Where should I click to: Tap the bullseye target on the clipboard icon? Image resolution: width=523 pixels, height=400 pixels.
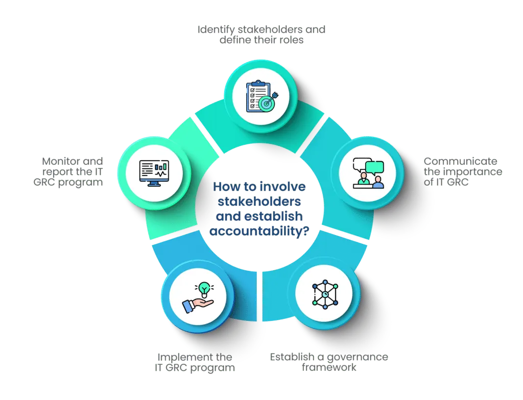pos(267,102)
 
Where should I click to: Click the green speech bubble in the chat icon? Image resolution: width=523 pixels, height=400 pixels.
pos(374,167)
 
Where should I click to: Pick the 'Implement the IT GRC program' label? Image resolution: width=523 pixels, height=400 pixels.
pos(196,362)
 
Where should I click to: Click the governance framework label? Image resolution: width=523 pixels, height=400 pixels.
pos(329,361)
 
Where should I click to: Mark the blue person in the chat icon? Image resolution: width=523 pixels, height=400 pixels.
pos(378,182)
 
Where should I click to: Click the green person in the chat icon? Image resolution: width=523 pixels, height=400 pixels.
pos(364,179)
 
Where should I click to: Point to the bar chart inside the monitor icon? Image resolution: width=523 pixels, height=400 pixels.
pos(162,166)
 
